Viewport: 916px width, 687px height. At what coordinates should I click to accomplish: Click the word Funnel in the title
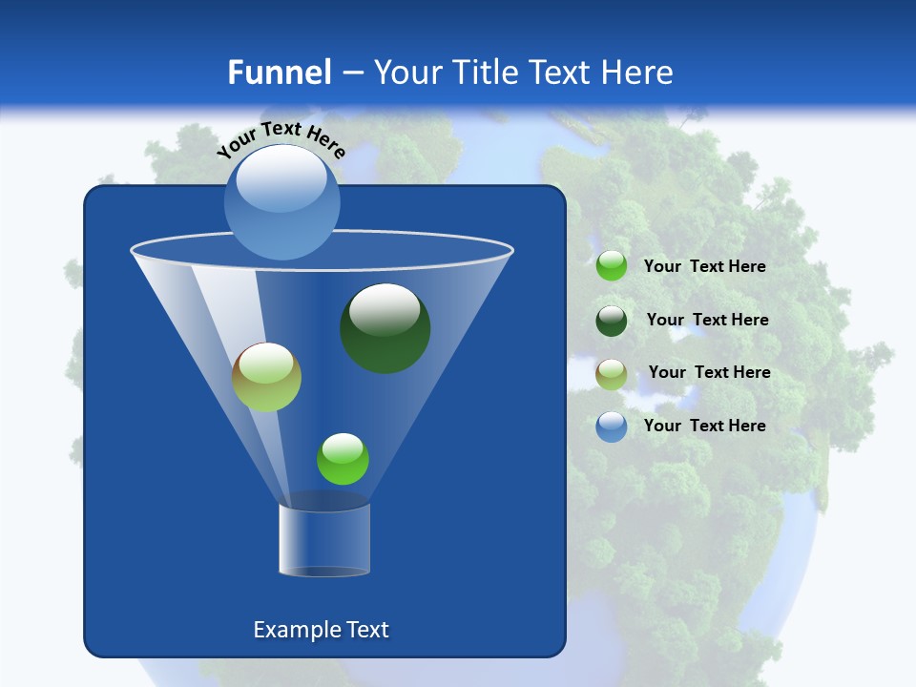coord(279,73)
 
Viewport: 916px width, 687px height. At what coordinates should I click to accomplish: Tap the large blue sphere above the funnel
coord(281,202)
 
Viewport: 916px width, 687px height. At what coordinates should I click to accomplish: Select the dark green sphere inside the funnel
coord(385,329)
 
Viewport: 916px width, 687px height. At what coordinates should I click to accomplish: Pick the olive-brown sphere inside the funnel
coord(266,378)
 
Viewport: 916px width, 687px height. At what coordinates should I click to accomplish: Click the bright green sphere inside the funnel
coord(343,459)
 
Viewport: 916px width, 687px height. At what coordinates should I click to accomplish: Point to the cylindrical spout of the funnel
coord(324,540)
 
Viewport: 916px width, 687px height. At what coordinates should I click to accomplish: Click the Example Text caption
coord(321,630)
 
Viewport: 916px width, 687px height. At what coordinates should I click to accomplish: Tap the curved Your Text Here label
coord(281,139)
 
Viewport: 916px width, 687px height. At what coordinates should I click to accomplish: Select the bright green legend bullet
coord(612,266)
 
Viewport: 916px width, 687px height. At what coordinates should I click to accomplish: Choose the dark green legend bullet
coord(612,321)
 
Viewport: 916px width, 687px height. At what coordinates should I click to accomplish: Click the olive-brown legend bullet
coord(612,374)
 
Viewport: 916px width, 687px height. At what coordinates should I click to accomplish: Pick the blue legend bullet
coord(612,427)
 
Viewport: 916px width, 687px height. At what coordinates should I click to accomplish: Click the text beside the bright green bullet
coord(704,267)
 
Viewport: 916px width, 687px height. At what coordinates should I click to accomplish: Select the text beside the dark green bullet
coord(707,321)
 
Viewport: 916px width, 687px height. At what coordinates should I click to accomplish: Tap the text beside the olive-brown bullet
coord(709,373)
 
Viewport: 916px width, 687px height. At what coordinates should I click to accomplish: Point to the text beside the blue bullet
coord(704,427)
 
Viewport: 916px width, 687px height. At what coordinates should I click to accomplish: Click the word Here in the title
coord(638,73)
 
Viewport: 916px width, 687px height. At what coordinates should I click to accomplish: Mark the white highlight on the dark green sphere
coord(385,307)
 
